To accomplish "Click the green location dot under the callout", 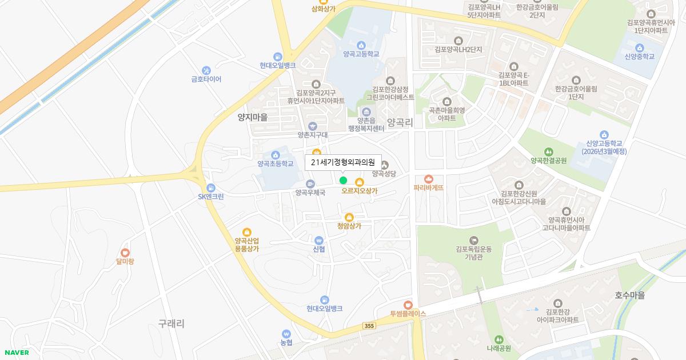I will pyautogui.click(x=343, y=181).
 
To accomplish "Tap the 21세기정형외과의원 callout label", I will pyautogui.click(x=343, y=162).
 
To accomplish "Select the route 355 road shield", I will pyautogui.click(x=369, y=326).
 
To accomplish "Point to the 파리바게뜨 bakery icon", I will pyautogui.click(x=429, y=179).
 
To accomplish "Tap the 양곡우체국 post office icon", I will pyautogui.click(x=310, y=184).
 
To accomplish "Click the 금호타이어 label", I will pyautogui.click(x=206, y=79).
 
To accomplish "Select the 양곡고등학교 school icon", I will pyautogui.click(x=361, y=46).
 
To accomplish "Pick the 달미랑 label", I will pyautogui.click(x=125, y=262).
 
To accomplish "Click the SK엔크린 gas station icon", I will pyautogui.click(x=211, y=187).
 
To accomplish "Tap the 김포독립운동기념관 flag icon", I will pyautogui.click(x=473, y=240).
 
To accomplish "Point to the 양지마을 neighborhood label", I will pyautogui.click(x=253, y=117).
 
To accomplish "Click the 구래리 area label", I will pyautogui.click(x=171, y=323).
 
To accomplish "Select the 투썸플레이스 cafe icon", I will pyautogui.click(x=408, y=305).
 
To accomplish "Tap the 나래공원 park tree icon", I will pyautogui.click(x=498, y=339).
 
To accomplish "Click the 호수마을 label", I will pyautogui.click(x=629, y=295).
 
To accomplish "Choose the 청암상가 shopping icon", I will pyautogui.click(x=349, y=217).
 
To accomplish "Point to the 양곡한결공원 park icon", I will pyautogui.click(x=549, y=152).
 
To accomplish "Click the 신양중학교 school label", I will pyautogui.click(x=639, y=57).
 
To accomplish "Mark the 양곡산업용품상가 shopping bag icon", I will pyautogui.click(x=247, y=232).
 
